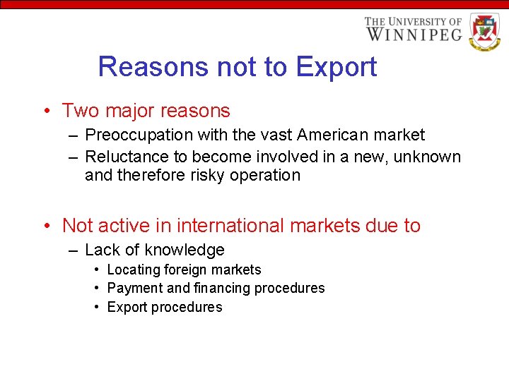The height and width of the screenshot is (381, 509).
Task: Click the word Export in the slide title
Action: [337, 67]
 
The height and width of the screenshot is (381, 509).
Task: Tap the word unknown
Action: [427, 157]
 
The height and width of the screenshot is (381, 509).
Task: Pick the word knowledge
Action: [185, 250]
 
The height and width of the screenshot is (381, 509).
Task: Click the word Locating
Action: [133, 270]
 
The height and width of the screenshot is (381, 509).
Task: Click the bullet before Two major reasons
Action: [45, 111]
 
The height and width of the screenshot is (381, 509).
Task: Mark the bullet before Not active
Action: [45, 226]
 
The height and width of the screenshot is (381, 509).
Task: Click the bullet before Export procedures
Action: [96, 307]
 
